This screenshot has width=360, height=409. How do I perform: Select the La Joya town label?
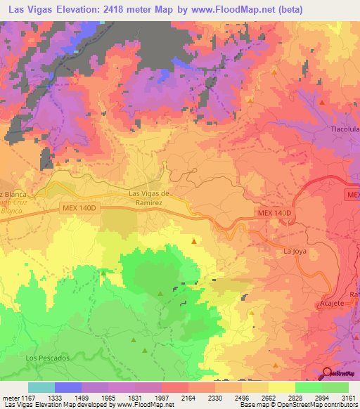295,250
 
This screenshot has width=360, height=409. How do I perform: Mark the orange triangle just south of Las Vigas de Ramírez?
194,241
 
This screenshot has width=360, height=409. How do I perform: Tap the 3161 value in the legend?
348,398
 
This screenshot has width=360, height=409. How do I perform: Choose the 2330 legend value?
215,398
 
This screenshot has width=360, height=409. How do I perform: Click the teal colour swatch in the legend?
41,387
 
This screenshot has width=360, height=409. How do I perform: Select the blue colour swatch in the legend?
68,387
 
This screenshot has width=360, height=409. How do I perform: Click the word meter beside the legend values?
9,398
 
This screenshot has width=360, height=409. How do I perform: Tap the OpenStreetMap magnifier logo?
328,374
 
